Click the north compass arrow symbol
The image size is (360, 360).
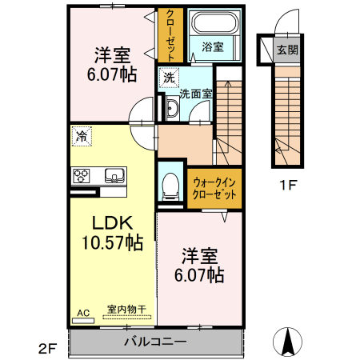pos(288,342)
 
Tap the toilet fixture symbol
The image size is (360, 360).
pos(170,186)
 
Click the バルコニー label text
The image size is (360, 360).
pos(155,342)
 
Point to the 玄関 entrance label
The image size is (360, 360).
pos(287,50)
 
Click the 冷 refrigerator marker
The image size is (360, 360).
pos(82,137)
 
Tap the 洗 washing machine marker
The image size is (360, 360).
pos(168,78)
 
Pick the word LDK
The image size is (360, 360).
pos(112,222)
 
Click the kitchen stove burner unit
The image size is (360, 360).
pos(83,174)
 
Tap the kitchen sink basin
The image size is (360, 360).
pos(113,174)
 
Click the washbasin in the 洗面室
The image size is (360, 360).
pos(173,109)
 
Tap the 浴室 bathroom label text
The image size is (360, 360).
pos(212,47)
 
